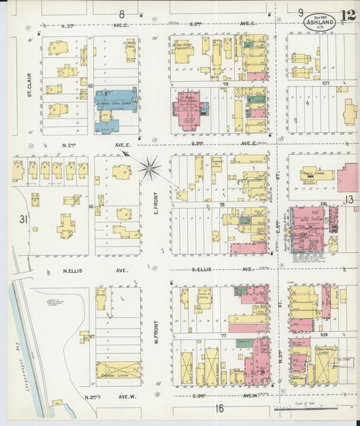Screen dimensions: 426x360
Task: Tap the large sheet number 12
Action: [349, 16]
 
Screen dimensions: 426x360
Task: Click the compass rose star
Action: [150, 167]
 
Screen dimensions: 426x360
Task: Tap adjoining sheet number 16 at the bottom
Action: [220, 408]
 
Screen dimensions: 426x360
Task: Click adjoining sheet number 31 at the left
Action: [23, 219]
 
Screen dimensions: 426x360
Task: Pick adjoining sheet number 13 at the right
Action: [349, 199]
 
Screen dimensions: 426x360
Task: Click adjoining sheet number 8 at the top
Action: [122, 13]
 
